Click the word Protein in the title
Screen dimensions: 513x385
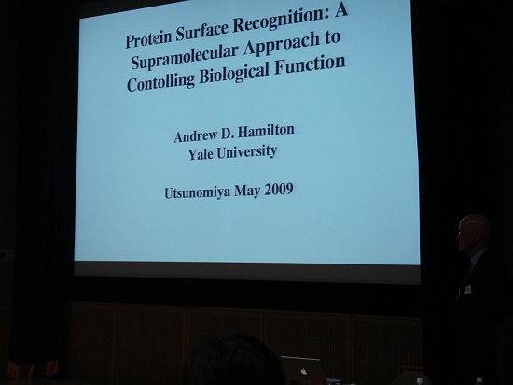click(x=148, y=39)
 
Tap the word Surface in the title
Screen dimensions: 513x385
click(x=201, y=31)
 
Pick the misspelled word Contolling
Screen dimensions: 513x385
click(x=160, y=81)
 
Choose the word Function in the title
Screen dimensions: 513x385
click(x=310, y=64)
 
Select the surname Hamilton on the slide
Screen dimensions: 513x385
click(x=266, y=131)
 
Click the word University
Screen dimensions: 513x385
click(x=247, y=151)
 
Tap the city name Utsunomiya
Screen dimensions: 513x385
click(x=198, y=192)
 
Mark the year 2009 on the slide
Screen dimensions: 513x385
click(x=279, y=190)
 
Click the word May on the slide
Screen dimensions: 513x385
click(x=247, y=192)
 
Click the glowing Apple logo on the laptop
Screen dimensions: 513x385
click(x=304, y=371)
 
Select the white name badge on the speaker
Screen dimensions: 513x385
click(x=467, y=290)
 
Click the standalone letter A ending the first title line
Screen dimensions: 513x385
click(x=340, y=10)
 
